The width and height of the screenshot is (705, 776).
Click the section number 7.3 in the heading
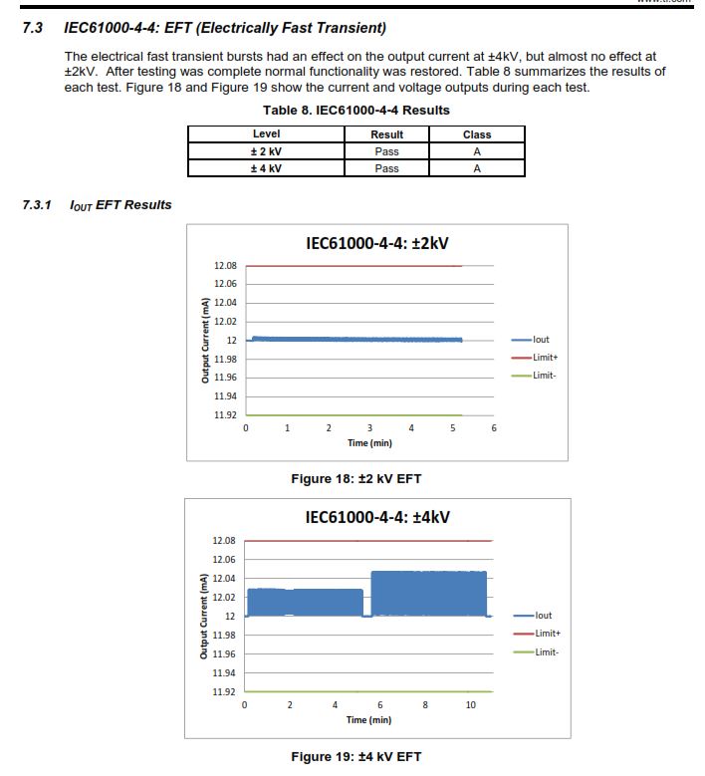32,27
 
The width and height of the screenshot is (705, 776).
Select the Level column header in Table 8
266,134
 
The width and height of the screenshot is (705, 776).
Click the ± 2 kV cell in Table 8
266,151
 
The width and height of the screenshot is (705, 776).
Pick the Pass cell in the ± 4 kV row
386,168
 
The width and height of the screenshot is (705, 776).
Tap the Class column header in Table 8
477,134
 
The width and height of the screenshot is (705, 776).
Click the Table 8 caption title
355,111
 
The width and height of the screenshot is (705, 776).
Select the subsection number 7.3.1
37,205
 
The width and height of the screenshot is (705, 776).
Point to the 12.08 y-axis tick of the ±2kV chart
225,266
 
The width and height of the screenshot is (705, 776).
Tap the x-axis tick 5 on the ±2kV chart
453,428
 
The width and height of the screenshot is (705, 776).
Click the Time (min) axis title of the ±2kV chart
369,442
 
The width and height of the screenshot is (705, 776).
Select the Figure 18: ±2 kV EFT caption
355,479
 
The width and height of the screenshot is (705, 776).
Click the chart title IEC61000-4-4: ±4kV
377,517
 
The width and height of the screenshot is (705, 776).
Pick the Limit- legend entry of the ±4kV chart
545,652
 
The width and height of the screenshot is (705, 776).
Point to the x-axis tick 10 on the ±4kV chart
471,704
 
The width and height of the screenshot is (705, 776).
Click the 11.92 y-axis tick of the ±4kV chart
223,691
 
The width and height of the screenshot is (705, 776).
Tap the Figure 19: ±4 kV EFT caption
355,756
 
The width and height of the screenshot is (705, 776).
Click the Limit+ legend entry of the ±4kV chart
546,634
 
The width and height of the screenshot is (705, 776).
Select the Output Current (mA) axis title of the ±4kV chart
204,617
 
